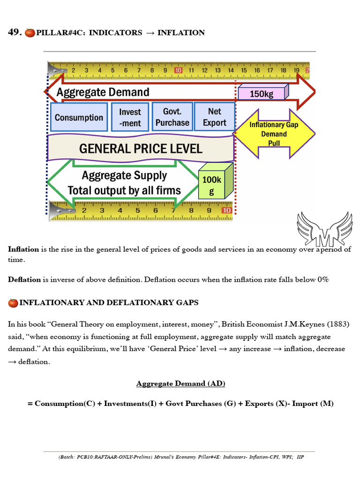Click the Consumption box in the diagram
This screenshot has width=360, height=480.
point(79,117)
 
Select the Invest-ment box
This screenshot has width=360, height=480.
point(130,117)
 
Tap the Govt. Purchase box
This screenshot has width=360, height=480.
point(172,117)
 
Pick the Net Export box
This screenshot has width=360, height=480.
point(214,117)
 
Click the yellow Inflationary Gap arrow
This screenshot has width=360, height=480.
point(274,134)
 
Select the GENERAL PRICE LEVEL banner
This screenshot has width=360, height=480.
point(141,149)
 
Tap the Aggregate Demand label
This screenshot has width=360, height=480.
point(103,92)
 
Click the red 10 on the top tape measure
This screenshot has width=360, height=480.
point(178,70)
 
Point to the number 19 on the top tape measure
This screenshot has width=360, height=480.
point(297,70)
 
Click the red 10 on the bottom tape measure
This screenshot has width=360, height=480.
point(226,210)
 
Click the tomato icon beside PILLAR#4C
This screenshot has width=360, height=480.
point(30,33)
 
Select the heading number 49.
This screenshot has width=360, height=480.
point(15,32)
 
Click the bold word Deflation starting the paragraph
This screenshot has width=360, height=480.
point(24,279)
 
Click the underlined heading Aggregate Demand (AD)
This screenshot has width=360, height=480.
point(180,383)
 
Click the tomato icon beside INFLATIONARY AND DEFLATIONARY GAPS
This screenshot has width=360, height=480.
point(13,303)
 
